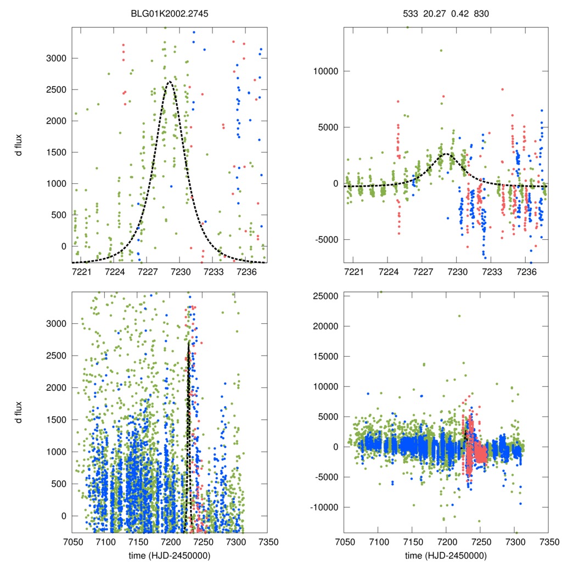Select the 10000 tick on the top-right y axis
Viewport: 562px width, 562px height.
pyautogui.click(x=326, y=71)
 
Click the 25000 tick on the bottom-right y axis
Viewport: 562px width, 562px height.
pyautogui.click(x=326, y=296)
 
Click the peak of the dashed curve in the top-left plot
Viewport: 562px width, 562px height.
pyautogui.click(x=169, y=82)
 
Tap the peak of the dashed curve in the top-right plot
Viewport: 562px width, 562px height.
pyautogui.click(x=445, y=154)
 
